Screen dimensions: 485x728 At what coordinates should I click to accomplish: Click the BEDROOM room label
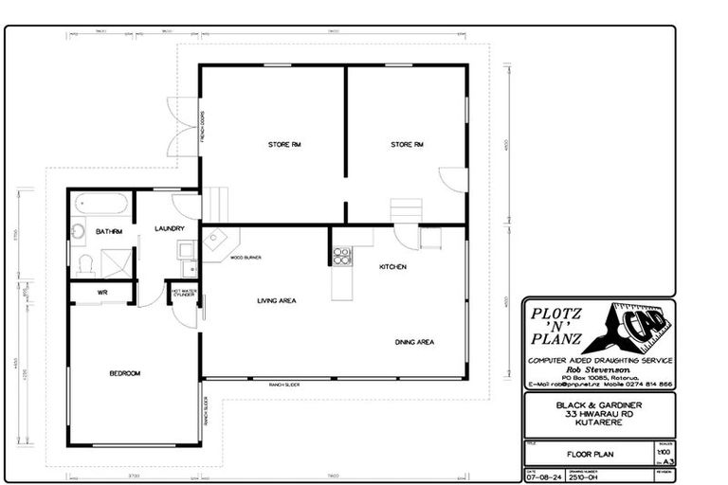124,373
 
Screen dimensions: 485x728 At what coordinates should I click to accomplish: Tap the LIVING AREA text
277,300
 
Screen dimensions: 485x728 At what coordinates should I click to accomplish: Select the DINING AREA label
414,342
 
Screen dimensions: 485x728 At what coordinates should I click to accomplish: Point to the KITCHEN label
392,267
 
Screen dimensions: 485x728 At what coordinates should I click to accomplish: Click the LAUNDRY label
169,228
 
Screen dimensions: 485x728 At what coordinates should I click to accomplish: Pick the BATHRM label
109,231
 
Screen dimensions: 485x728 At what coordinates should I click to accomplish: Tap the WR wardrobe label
102,293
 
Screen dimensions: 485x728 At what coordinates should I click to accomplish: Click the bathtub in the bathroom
101,204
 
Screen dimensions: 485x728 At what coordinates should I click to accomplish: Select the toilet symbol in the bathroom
85,262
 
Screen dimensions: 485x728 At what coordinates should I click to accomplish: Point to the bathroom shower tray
117,261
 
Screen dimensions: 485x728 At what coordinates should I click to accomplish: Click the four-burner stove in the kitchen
341,256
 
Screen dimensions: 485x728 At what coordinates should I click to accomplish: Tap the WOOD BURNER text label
245,257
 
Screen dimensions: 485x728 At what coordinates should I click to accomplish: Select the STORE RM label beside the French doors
283,144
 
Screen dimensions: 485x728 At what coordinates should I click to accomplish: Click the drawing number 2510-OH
580,477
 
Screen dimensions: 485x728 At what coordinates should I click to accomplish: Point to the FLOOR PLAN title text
591,455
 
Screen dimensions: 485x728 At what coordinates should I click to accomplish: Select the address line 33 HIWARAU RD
599,414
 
